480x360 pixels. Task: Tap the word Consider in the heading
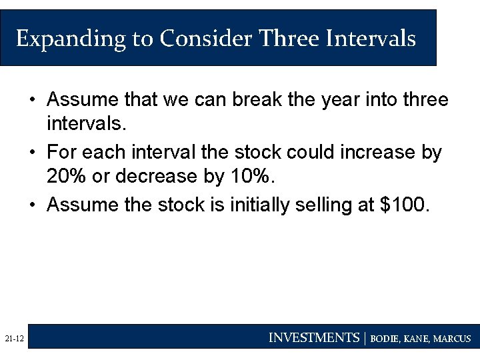tap(205, 39)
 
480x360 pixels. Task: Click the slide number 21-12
tap(14, 339)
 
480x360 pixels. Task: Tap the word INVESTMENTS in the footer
tap(313, 338)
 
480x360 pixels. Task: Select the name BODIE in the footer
tap(385, 339)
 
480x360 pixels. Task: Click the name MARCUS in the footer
tap(451, 339)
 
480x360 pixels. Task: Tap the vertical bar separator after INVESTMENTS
tap(365, 338)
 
